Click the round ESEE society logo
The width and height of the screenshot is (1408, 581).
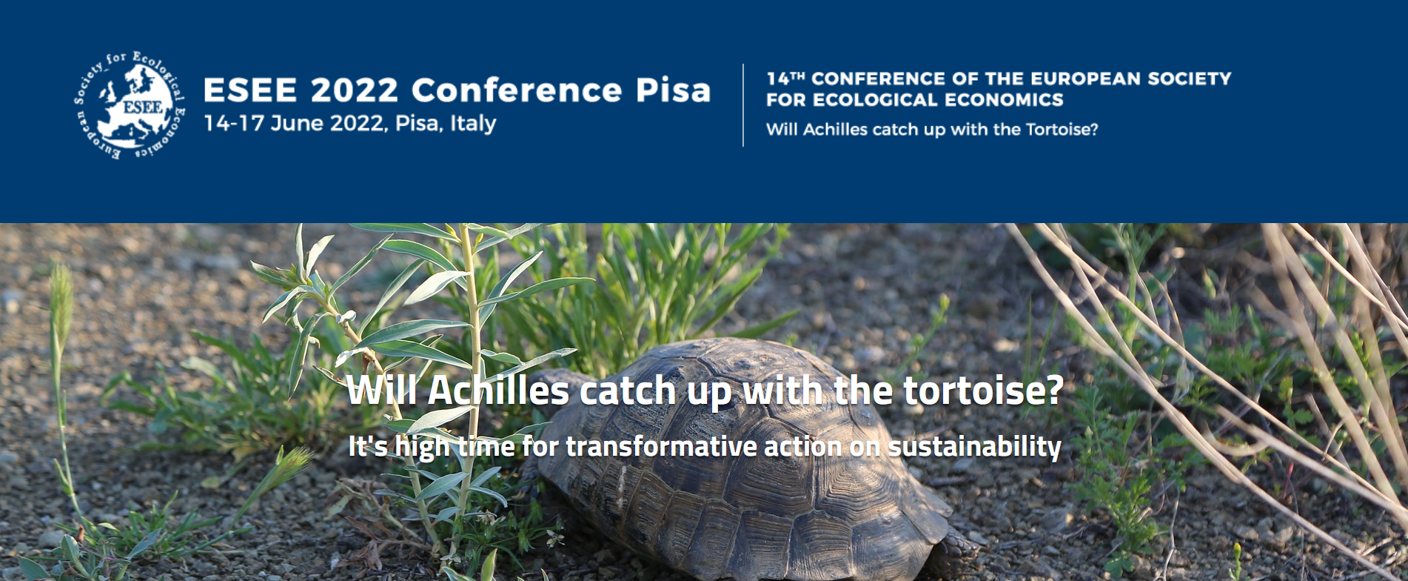(130, 105)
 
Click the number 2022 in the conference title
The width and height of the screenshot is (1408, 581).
(355, 90)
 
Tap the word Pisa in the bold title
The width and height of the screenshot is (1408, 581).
(673, 90)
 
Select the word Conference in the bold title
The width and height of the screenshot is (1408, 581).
(517, 90)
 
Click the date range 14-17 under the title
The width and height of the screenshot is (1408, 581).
(233, 123)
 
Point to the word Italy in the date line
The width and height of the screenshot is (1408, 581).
(473, 123)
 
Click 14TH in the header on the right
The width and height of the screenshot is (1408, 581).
(785, 79)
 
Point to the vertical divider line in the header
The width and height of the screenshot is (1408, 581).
(743, 105)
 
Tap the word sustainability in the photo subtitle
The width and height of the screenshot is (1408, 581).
(974, 447)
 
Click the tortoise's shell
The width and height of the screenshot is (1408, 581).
(748, 459)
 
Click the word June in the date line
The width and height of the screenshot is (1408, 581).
(298, 123)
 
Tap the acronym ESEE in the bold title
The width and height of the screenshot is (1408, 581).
(250, 90)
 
